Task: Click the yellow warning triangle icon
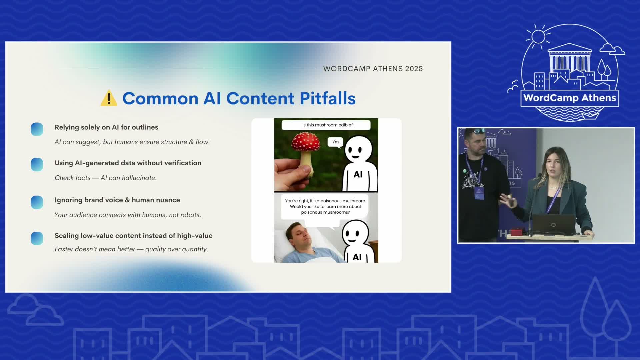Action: (109, 98)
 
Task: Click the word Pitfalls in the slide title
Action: (328, 98)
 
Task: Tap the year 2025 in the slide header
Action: (414, 69)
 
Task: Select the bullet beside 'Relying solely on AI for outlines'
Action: (37, 129)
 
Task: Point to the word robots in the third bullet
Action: (191, 215)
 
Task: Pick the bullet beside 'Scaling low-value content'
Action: (37, 238)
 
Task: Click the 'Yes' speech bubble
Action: (336, 142)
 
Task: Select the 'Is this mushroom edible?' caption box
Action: (326, 125)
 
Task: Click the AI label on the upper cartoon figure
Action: (358, 174)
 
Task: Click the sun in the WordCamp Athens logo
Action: (538, 36)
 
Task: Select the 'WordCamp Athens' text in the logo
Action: (570, 98)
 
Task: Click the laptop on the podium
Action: (553, 225)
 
